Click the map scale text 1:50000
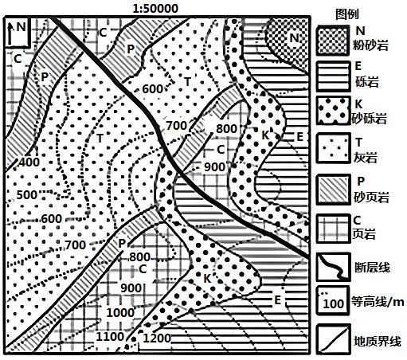pyautogui.click(x=155, y=9)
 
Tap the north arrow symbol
pyautogui.click(x=10, y=34)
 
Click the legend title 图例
pyautogui.click(x=347, y=14)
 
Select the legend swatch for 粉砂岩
pyautogui.click(x=333, y=41)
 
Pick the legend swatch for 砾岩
pyautogui.click(x=333, y=76)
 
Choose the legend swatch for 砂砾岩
pyautogui.click(x=333, y=111)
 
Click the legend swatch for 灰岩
pyautogui.click(x=333, y=148)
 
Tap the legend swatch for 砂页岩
pyautogui.click(x=333, y=190)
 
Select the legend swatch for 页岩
pyautogui.click(x=333, y=229)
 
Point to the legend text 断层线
pyautogui.click(x=372, y=268)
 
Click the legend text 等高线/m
pyautogui.click(x=378, y=301)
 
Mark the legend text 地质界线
pyautogui.click(x=378, y=341)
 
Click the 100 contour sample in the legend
pyautogui.click(x=333, y=303)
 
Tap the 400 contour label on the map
pyautogui.click(x=29, y=162)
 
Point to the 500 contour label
pyautogui.click(x=27, y=195)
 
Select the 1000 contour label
pyautogui.click(x=120, y=312)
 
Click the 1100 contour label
pyautogui.click(x=110, y=337)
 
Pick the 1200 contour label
pyautogui.click(x=157, y=338)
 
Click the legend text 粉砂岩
pyautogui.click(x=370, y=45)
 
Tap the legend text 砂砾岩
pyautogui.click(x=370, y=119)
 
